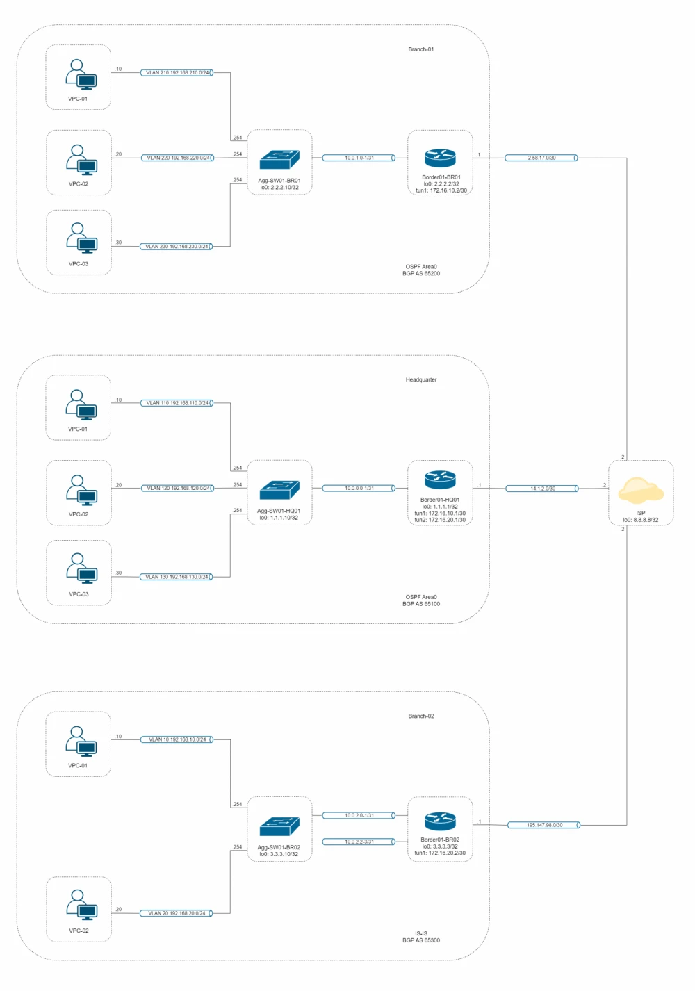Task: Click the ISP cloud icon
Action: click(641, 490)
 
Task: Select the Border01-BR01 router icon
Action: click(440, 158)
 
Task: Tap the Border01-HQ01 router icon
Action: click(440, 480)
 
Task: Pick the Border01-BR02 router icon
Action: click(440, 821)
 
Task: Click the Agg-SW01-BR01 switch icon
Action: click(279, 161)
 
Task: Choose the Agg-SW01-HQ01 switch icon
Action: click(279, 491)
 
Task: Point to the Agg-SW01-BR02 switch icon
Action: click(279, 827)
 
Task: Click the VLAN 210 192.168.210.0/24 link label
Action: click(177, 72)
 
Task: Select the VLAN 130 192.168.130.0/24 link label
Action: click(177, 577)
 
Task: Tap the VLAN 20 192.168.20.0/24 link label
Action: click(177, 913)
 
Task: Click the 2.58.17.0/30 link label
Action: click(542, 158)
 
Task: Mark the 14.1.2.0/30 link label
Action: click(543, 489)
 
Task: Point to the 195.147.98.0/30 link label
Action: click(544, 825)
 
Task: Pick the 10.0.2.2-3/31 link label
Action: click(359, 842)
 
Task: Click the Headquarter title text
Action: click(421, 380)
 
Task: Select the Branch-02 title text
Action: click(421, 716)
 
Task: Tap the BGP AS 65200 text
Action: click(421, 274)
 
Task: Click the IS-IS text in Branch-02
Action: click(421, 933)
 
